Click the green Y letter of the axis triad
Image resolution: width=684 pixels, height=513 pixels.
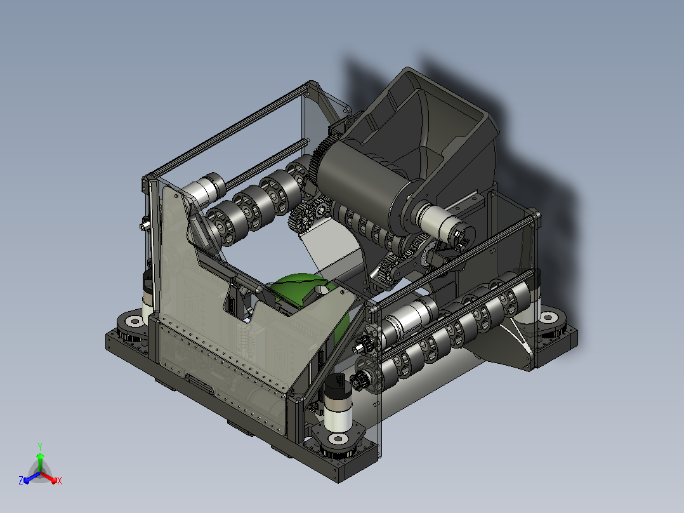click(x=40, y=446)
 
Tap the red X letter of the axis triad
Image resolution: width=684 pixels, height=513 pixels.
click(x=60, y=481)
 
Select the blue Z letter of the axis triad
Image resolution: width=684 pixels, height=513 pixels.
click(x=21, y=480)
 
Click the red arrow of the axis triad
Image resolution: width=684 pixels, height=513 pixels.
click(x=49, y=477)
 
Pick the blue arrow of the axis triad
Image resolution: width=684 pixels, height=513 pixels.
click(x=32, y=477)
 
